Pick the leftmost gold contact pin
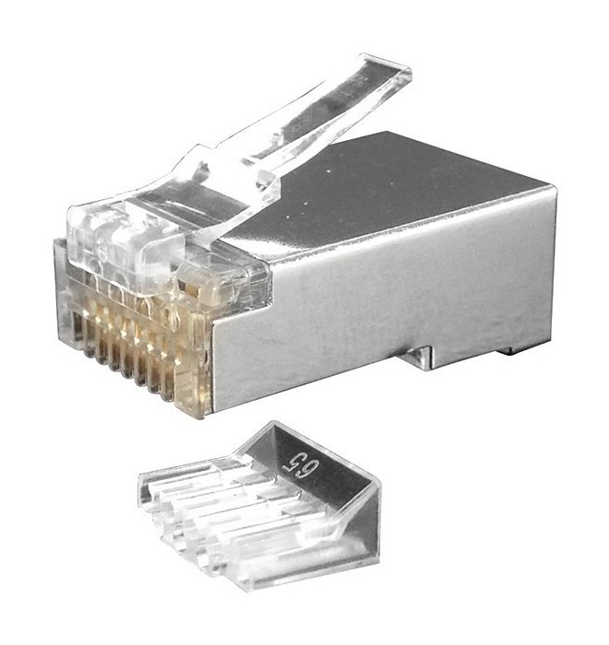click(88, 334)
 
